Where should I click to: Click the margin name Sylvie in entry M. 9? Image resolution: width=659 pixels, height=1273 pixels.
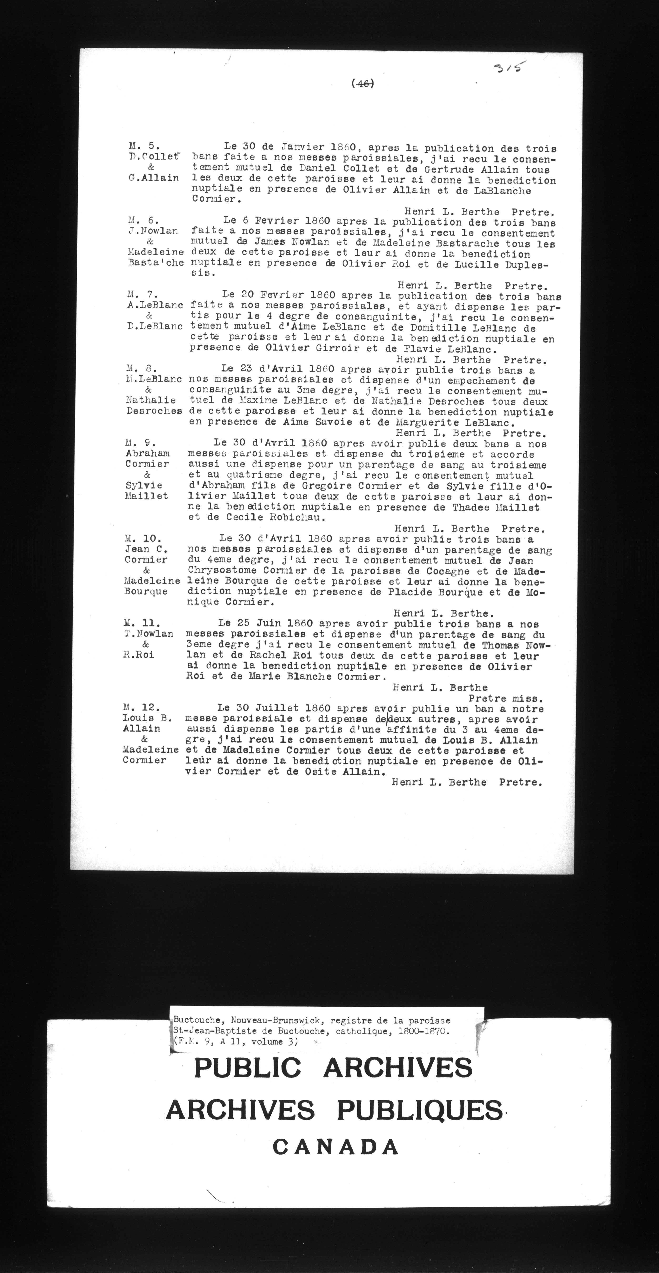pos(144,485)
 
